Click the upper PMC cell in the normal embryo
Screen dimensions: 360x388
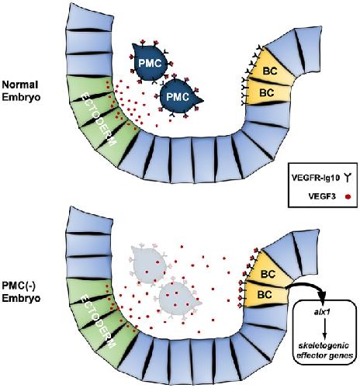[x=150, y=64]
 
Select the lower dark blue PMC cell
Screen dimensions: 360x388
[x=178, y=97]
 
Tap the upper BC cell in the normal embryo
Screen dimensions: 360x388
[x=271, y=68]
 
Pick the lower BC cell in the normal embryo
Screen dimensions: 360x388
[x=267, y=92]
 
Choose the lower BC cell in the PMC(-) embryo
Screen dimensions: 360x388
[x=265, y=294]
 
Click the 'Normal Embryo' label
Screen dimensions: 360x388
[x=21, y=91]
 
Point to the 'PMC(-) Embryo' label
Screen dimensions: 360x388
[x=21, y=293]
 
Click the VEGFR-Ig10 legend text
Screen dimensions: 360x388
[x=315, y=178]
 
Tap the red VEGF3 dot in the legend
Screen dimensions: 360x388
[x=348, y=197]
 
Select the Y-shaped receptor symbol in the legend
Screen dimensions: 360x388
[x=348, y=178]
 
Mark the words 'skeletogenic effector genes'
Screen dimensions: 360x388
[x=325, y=351]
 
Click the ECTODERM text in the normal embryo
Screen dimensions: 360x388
[x=97, y=116]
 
